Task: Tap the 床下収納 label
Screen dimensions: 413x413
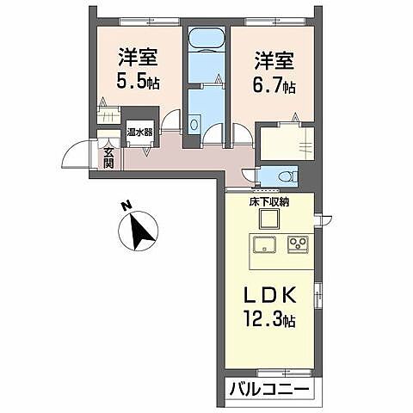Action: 269,202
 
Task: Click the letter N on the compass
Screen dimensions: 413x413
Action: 126,206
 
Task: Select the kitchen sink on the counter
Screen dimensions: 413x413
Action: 262,243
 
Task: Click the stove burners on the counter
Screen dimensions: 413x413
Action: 299,243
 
